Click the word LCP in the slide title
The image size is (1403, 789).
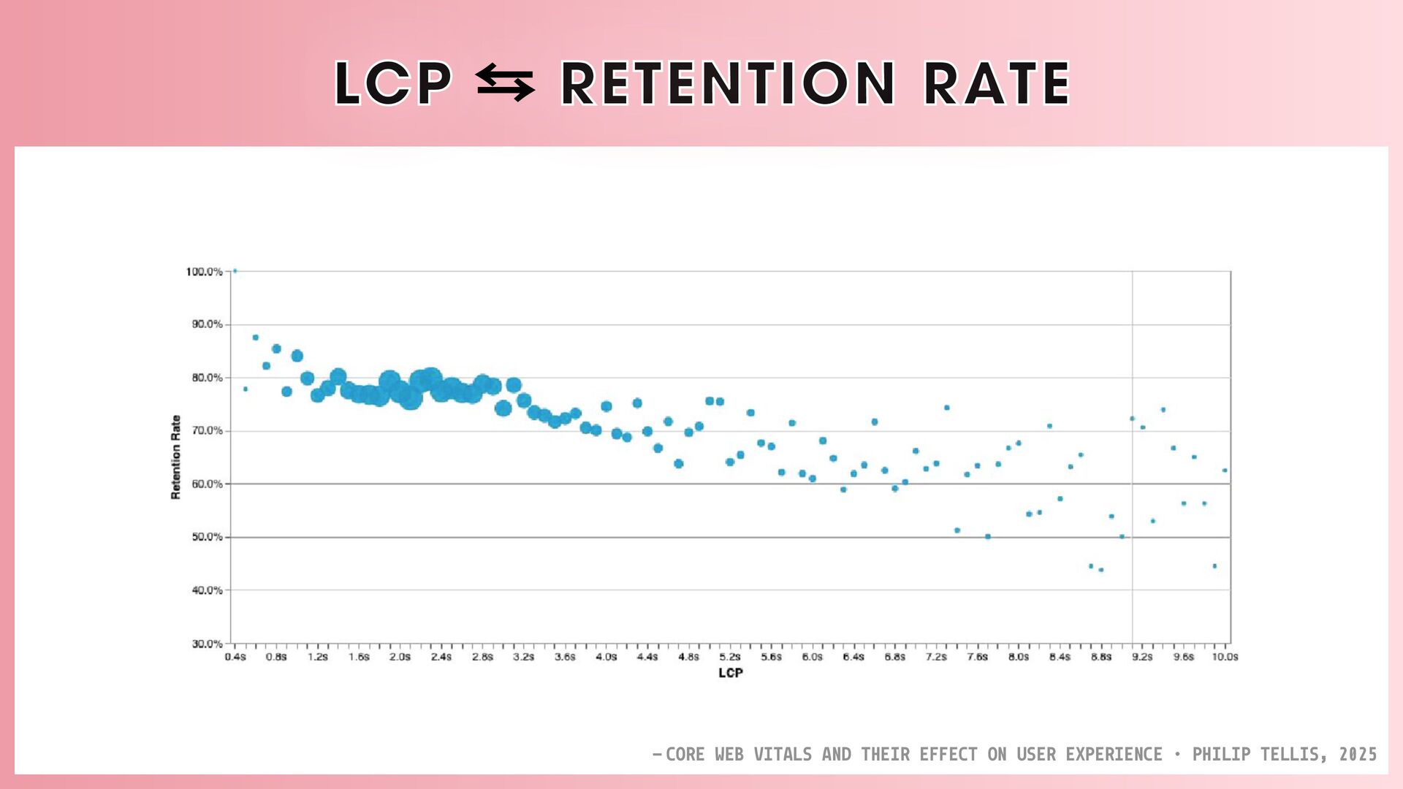tap(393, 83)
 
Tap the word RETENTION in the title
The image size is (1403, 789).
tap(728, 83)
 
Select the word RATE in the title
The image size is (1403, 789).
tap(997, 83)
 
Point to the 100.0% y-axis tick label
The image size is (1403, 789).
tap(204, 272)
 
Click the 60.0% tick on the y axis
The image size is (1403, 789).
tap(207, 484)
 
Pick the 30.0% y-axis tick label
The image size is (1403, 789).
tap(207, 644)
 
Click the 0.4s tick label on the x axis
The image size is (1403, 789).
tap(235, 657)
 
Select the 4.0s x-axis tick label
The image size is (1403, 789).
tap(606, 657)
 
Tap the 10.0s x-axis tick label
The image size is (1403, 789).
tap(1225, 657)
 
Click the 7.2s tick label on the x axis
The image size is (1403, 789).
tap(936, 657)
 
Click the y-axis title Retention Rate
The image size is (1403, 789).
tap(175, 457)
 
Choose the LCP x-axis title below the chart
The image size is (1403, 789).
tap(730, 673)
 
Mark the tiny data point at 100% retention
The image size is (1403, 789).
tap(235, 270)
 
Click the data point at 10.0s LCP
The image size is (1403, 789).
tap(1225, 470)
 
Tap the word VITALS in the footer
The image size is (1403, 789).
tap(783, 754)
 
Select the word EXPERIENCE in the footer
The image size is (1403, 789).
tap(1114, 754)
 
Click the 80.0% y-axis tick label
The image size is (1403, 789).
tap(207, 378)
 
